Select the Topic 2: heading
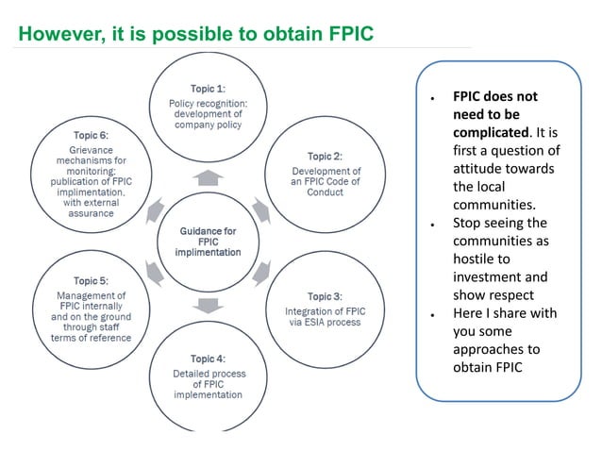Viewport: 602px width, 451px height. tap(325, 156)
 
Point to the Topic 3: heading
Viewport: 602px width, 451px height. tap(325, 296)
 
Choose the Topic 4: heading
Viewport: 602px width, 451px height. tap(208, 359)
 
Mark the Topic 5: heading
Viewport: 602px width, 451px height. tap(91, 281)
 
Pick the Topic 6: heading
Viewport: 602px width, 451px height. tap(91, 135)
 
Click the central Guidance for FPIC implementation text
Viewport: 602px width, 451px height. tap(207, 242)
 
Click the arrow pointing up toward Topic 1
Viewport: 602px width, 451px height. tap(208, 176)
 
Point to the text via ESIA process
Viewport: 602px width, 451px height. tap(325, 322)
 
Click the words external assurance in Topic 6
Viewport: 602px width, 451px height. tap(92, 208)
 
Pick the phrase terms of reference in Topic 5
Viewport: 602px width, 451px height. tap(92, 337)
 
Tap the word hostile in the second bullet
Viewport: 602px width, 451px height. tap(476, 259)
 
